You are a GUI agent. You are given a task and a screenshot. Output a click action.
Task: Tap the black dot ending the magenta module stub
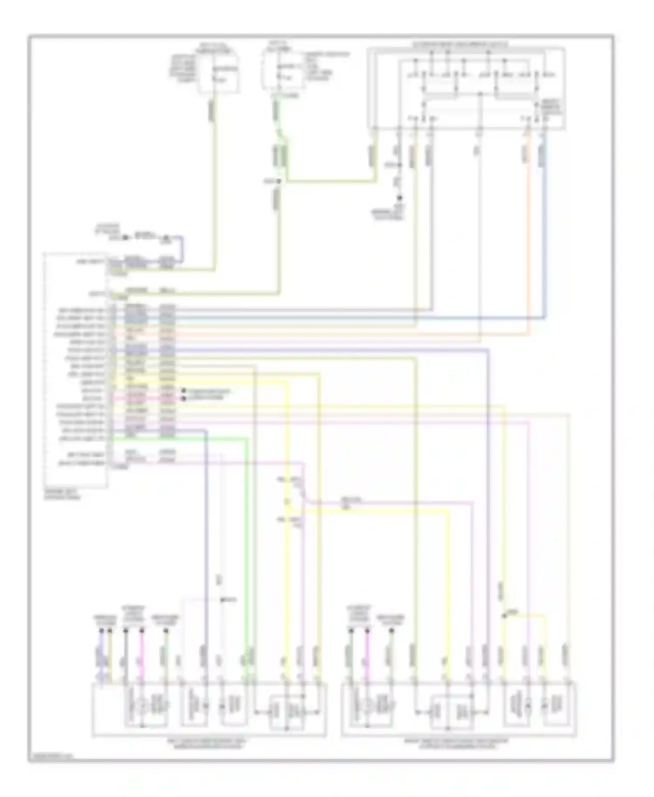click(184, 398)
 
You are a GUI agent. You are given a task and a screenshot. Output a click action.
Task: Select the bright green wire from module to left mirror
click(247, 545)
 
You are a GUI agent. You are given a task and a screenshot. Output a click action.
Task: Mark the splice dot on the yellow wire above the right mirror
click(504, 616)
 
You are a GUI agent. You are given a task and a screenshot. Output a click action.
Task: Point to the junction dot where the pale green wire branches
click(280, 181)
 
